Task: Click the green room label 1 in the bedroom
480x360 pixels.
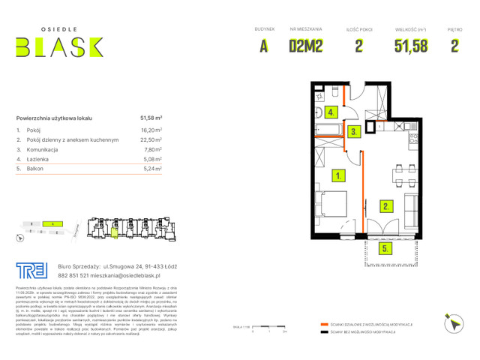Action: click(x=340, y=176)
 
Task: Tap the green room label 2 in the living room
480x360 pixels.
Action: click(x=385, y=205)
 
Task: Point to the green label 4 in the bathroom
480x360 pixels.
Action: click(x=330, y=113)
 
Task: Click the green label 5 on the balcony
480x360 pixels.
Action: click(x=384, y=247)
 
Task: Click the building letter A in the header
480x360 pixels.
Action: click(x=264, y=46)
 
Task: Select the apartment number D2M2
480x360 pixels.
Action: click(x=306, y=46)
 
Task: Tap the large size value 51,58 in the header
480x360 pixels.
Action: click(x=411, y=46)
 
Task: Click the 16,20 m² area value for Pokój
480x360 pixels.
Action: click(x=151, y=130)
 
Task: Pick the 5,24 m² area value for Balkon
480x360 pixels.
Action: click(x=151, y=169)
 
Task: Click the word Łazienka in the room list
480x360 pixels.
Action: click(x=41, y=159)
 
